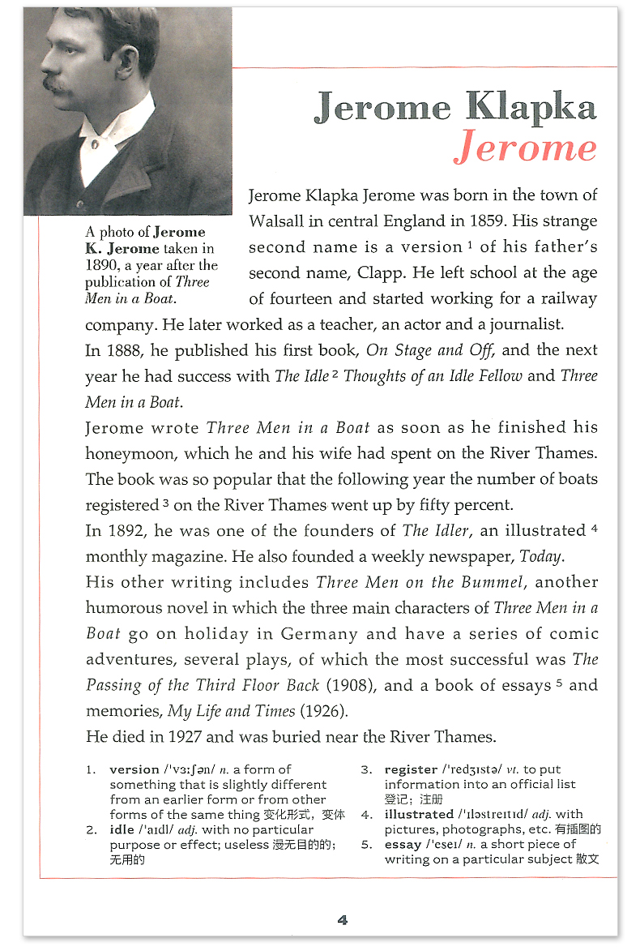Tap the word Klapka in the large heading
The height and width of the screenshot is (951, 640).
tap(531, 108)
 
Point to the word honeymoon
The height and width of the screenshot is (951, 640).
tap(130, 453)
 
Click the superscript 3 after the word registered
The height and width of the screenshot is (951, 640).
tap(165, 503)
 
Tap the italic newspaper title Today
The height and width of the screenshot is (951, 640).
tap(541, 557)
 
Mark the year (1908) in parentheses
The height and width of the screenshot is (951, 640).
tap(351, 686)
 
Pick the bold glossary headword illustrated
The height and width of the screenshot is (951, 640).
tap(419, 814)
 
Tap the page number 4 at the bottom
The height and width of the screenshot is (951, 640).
tap(343, 919)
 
